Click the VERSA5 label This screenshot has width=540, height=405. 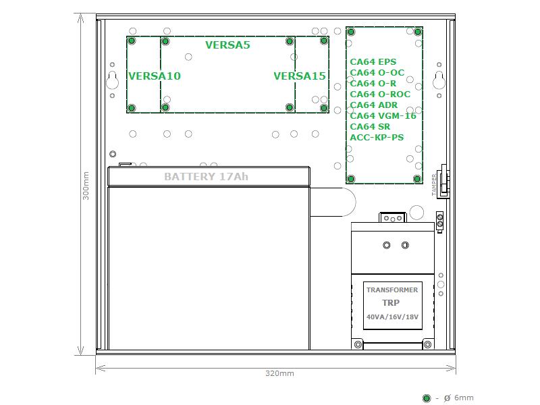tap(227, 45)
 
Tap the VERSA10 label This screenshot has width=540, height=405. tap(155, 76)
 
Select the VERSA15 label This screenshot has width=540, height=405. tap(300, 76)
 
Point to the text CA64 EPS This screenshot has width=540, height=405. tap(373, 62)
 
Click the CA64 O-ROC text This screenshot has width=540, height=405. tap(380, 94)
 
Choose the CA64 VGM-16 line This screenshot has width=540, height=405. tap(383, 116)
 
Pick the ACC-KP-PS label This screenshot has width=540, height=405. tap(377, 138)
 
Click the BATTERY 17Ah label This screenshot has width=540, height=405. tap(206, 177)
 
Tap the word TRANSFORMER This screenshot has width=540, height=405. tap(392, 290)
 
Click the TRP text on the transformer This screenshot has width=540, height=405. tap(391, 303)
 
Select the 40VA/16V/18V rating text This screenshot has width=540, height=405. tap(392, 317)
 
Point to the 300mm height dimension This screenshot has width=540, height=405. tap(86, 186)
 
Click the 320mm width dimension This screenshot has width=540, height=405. tap(279, 373)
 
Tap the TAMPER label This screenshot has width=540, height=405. tap(434, 185)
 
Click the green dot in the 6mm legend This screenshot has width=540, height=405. tap(427, 398)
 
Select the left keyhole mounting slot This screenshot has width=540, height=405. tap(112, 80)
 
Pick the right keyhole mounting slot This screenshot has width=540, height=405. tap(439, 80)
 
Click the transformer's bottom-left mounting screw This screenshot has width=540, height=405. tap(358, 344)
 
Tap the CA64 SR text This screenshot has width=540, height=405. tap(370, 127)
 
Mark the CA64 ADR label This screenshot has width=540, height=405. tap(374, 105)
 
